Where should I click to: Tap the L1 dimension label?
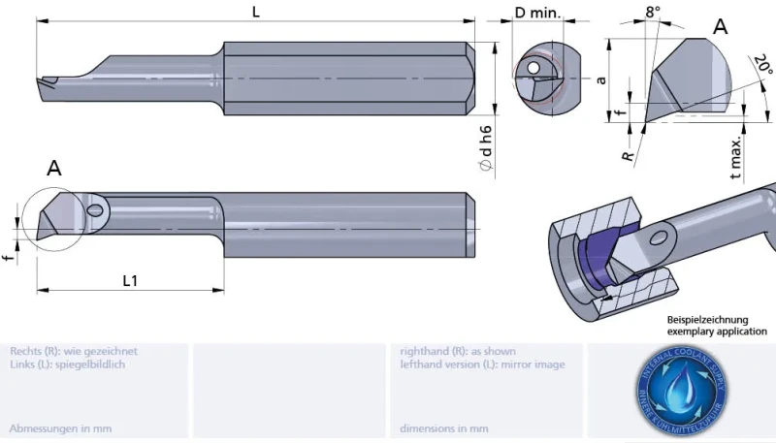pos(130,281)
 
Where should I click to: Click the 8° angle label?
pos(653,13)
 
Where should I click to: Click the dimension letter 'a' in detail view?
pos(601,80)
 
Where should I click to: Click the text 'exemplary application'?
pos(716,332)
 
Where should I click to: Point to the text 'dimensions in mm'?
pos(444,427)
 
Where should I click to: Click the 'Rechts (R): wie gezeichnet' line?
pos(74,351)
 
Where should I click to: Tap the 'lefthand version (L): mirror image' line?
pos(482,364)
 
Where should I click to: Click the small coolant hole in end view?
pos(533,66)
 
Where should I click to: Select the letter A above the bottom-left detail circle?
pos(54,169)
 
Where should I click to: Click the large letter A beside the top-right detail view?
pos(720,27)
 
